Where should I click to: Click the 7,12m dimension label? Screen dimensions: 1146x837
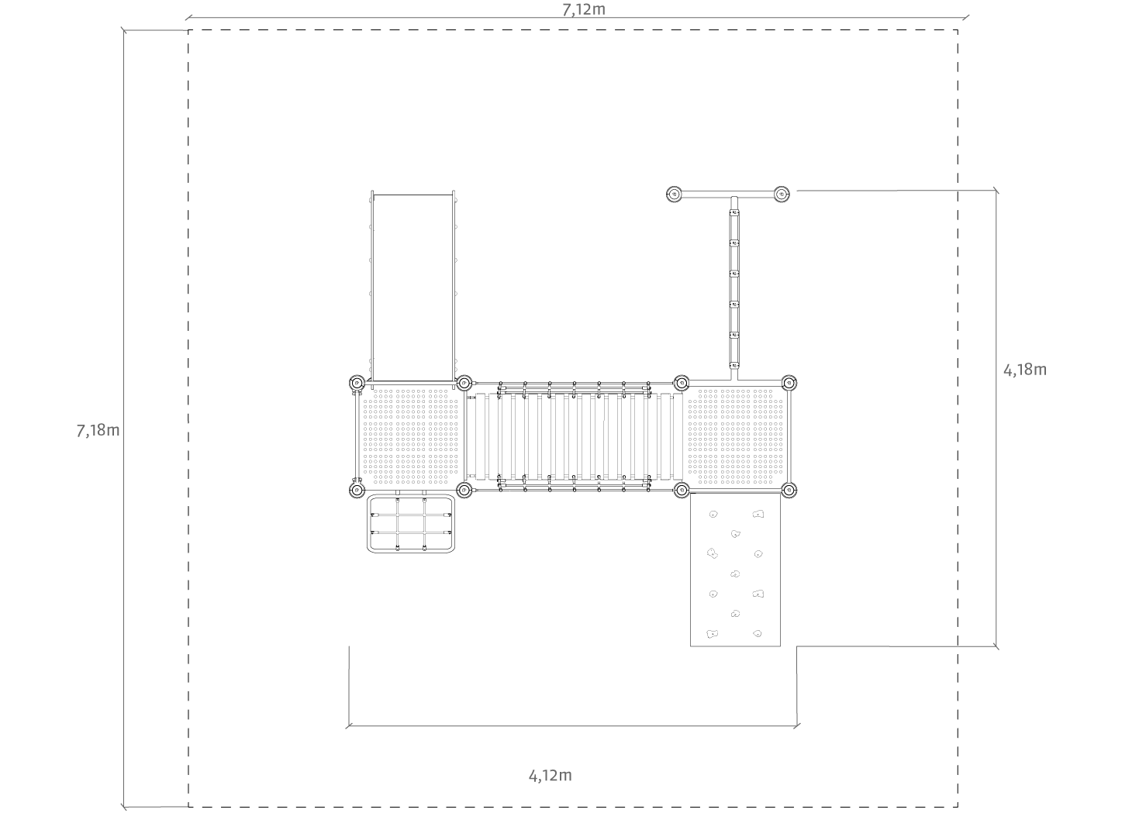[584, 10]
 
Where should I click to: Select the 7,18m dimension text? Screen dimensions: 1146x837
[98, 431]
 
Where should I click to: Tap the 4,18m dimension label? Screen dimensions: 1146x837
[1025, 370]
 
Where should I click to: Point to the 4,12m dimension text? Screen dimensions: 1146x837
[550, 776]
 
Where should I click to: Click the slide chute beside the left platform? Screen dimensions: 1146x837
[412, 287]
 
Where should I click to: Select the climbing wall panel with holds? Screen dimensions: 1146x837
[735, 570]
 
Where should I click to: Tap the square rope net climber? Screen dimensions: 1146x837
[411, 524]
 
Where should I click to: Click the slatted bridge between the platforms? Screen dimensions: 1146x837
[574, 436]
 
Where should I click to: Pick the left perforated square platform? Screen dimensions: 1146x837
[410, 436]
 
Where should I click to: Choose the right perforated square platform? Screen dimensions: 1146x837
[735, 436]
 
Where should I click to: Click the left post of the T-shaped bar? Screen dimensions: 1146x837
[675, 195]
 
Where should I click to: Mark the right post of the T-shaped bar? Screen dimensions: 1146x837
[782, 195]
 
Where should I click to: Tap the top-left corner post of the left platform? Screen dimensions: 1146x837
[357, 383]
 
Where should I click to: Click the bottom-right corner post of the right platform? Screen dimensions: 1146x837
[789, 491]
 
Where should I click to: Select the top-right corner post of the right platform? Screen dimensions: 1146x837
[789, 383]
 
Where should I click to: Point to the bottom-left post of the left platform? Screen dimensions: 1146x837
[357, 491]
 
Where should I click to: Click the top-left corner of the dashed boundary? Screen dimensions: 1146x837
[188, 30]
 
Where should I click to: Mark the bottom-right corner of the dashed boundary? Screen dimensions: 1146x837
[958, 808]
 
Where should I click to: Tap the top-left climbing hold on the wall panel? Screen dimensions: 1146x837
[713, 515]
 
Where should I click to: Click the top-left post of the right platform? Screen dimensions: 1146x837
[682, 383]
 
